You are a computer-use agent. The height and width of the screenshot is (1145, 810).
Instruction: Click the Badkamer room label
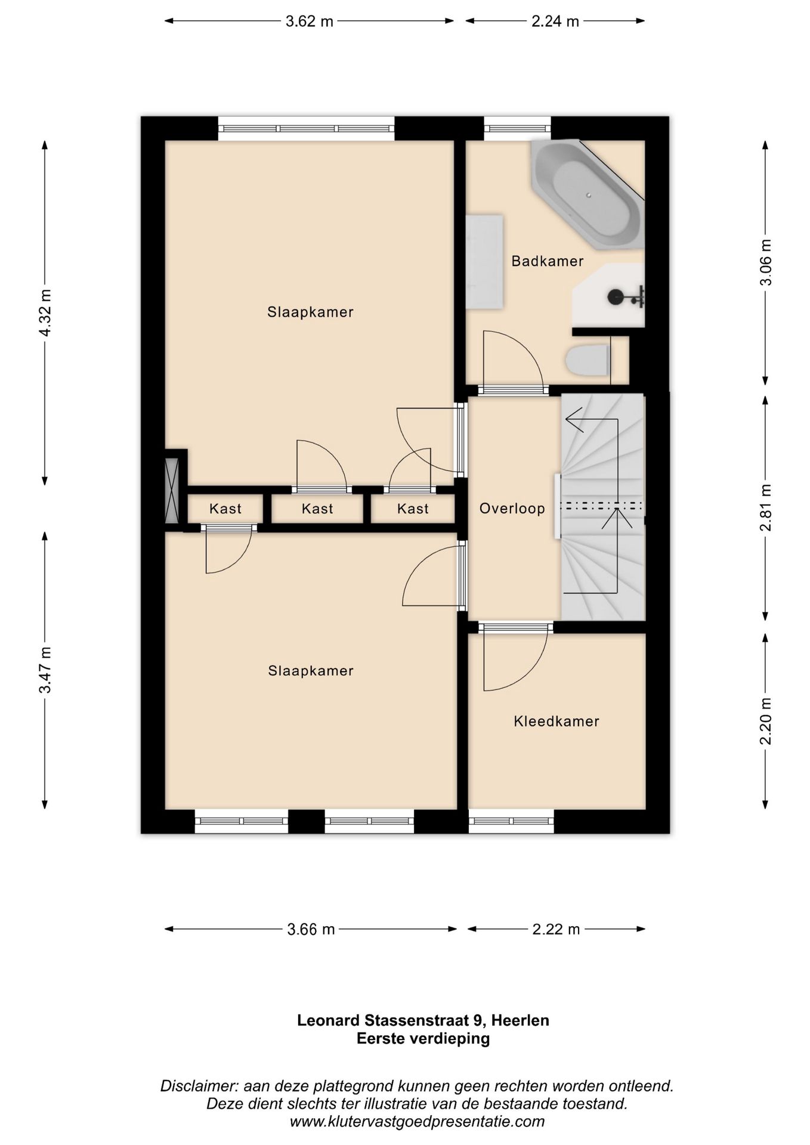[x=547, y=261]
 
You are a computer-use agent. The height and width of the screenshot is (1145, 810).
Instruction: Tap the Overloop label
[x=512, y=509]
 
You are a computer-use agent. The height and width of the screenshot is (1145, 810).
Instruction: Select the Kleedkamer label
[x=557, y=722]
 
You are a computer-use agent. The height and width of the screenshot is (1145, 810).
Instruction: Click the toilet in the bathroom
[x=587, y=361]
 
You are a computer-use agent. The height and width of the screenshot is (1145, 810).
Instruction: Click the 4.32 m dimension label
[x=45, y=312]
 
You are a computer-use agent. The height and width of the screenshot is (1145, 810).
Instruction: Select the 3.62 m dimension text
[x=310, y=21]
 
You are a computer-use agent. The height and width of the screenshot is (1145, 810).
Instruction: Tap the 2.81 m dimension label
[x=766, y=507]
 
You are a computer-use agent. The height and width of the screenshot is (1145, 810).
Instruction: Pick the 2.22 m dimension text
[x=556, y=930]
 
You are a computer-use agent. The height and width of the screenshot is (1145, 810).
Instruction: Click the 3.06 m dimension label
[x=766, y=262]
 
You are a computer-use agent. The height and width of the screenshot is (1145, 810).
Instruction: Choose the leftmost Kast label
[x=225, y=509]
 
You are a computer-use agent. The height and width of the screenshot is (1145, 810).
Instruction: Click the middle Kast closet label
[x=317, y=509]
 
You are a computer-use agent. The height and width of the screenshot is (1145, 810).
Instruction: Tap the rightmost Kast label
[x=413, y=509]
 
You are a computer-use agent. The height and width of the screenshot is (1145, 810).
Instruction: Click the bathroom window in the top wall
[x=517, y=128]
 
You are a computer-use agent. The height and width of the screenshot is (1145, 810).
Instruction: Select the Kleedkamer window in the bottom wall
[x=511, y=821]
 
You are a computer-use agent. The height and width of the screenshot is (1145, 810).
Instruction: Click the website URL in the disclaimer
[x=417, y=1122]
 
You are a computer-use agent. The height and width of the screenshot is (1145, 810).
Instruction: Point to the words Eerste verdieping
[x=423, y=1039]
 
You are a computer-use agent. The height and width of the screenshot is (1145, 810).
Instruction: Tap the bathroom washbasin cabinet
[x=484, y=262]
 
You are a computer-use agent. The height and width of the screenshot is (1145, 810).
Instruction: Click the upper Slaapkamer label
[x=310, y=312]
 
